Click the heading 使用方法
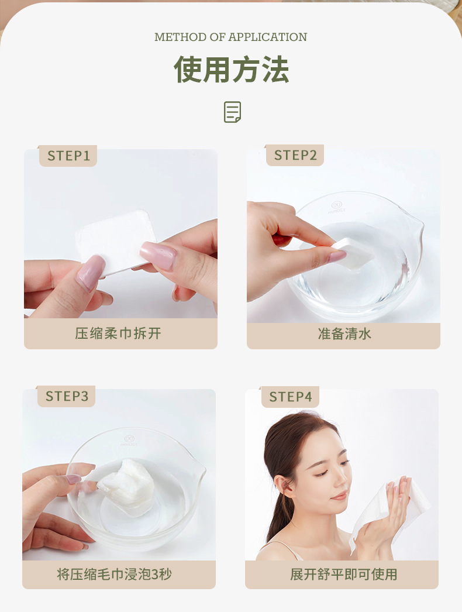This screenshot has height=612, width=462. (x=231, y=70)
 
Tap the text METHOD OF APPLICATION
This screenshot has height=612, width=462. (x=230, y=37)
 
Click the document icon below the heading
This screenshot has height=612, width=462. (x=232, y=112)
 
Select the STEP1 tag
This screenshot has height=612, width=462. (x=68, y=156)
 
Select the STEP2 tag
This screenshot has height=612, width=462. (x=295, y=155)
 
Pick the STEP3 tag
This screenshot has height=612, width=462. (x=67, y=396)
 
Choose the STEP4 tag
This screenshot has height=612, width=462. (x=290, y=397)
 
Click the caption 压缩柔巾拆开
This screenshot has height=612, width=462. (x=118, y=333)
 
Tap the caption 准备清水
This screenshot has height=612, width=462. (x=344, y=333)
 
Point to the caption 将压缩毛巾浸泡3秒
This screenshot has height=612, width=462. (x=114, y=574)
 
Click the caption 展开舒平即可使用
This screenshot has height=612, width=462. (x=343, y=574)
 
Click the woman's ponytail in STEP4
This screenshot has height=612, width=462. (x=275, y=515)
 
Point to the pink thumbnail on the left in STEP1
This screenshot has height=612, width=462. (x=91, y=273)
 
